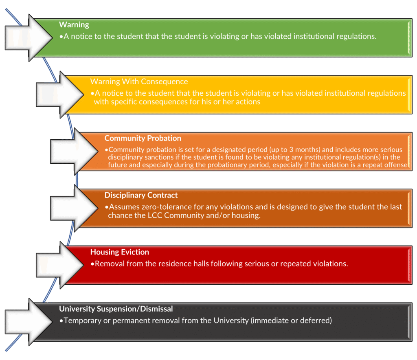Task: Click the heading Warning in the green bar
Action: (x=74, y=25)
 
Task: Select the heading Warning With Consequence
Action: (x=139, y=81)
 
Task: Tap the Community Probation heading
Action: (x=143, y=138)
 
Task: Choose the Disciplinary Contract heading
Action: (x=141, y=195)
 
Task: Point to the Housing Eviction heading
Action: (x=120, y=252)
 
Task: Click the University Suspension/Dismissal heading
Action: (x=116, y=309)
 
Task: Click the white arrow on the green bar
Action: (x=29, y=38)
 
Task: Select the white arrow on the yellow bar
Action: (x=60, y=94)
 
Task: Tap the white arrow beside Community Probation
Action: (x=74, y=151)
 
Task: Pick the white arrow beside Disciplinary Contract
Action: (x=74, y=208)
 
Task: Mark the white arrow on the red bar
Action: (x=60, y=265)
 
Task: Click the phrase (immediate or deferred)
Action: (x=291, y=320)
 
